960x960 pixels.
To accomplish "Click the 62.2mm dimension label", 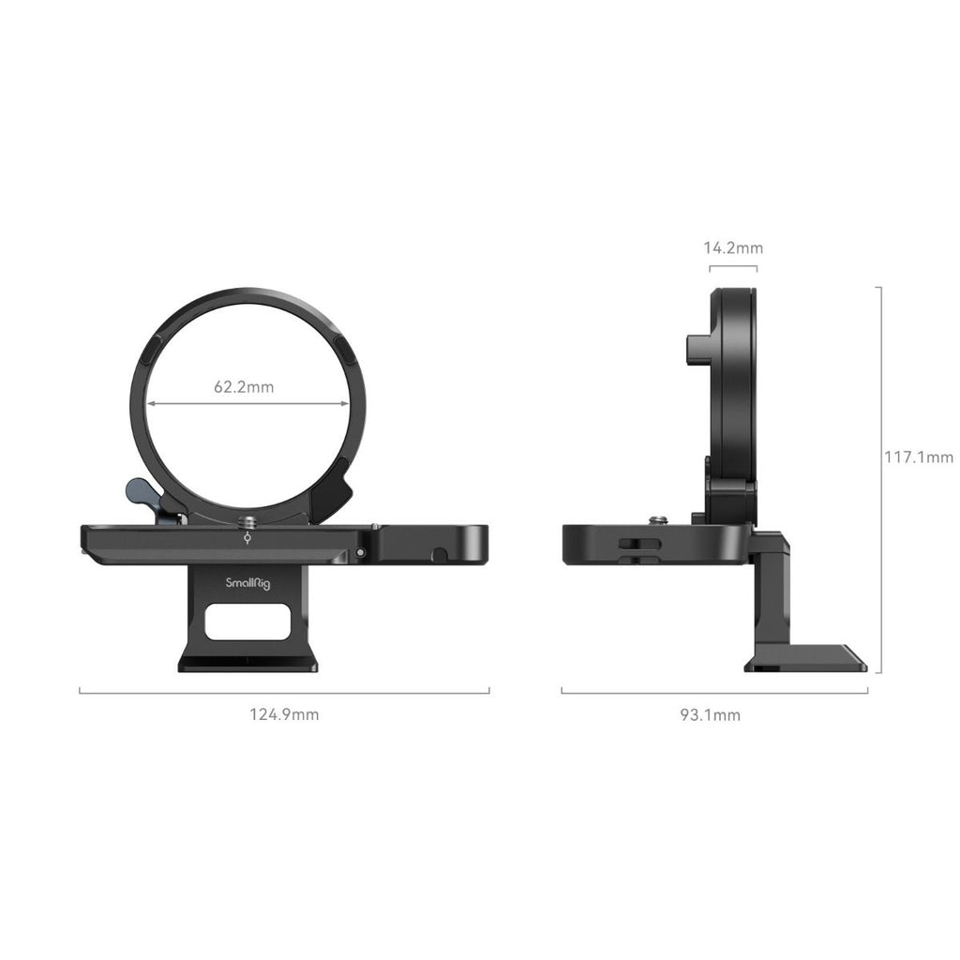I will [x=244, y=386].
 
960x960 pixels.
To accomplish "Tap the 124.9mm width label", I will [x=284, y=714].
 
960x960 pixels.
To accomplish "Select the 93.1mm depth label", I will [x=710, y=715].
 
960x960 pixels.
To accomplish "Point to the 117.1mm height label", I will [x=919, y=457].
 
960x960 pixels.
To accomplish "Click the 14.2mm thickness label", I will [x=733, y=248].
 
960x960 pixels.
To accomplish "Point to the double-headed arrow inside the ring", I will [x=247, y=405].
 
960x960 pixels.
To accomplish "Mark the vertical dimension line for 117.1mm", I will [x=879, y=478].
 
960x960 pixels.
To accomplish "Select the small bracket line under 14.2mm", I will [x=733, y=268].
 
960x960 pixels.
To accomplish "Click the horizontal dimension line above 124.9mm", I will [x=284, y=692].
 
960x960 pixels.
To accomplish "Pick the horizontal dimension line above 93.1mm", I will [x=714, y=692].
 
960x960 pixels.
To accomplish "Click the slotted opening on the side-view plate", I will [x=639, y=544].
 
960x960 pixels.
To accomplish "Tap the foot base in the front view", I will [x=247, y=663].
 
